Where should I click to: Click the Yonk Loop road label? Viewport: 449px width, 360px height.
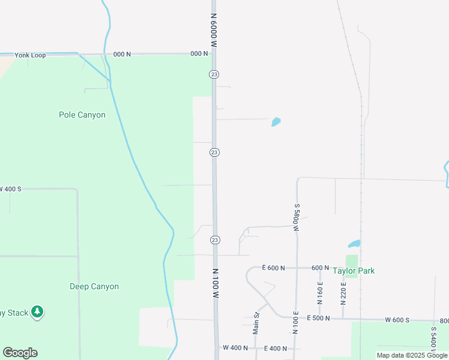(31, 54)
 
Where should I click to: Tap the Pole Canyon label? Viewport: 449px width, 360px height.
(82, 115)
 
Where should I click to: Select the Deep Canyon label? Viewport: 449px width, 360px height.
(94, 286)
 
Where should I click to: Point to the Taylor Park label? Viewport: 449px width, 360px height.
(354, 271)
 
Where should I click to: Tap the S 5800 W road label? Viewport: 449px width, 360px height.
(297, 217)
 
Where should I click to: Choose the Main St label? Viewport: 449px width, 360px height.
(256, 323)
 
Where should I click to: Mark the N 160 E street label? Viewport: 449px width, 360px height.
(320, 292)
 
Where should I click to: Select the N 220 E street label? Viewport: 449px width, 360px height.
(343, 292)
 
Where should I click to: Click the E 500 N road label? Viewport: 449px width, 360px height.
(319, 319)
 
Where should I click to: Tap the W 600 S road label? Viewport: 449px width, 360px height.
(397, 320)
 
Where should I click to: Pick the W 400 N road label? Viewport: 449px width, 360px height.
(235, 348)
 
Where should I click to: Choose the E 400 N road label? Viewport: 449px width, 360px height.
(276, 348)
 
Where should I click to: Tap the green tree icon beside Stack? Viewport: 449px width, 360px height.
(37, 311)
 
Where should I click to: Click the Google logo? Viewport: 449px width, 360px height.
(20, 353)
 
